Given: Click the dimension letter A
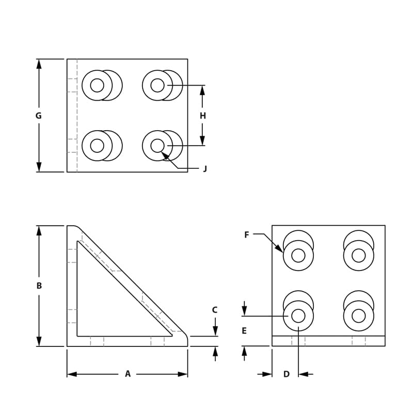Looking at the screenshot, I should (128, 374).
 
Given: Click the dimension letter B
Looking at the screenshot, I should (39, 285).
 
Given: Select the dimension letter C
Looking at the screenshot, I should (215, 310).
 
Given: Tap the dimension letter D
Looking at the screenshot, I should (287, 374).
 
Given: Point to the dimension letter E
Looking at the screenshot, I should (244, 331).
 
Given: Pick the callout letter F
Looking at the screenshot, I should (247, 235).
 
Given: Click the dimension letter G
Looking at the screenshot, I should (39, 116).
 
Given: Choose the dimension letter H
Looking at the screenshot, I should (202, 116).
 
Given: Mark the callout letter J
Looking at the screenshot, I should (205, 169).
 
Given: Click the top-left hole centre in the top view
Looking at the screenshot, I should (97, 85).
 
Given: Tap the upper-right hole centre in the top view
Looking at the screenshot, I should (157, 85).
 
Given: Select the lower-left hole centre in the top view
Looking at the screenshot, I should (97, 146).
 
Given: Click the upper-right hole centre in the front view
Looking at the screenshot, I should (358, 255).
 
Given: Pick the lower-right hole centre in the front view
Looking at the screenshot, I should (358, 315).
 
